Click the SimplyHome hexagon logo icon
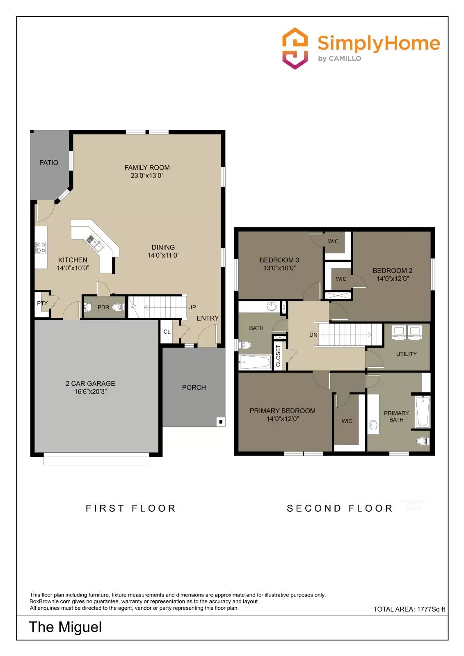click(295, 48)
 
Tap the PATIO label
click(48, 163)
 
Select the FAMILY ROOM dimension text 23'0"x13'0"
click(147, 175)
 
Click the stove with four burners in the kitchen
click(41, 247)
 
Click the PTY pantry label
click(42, 303)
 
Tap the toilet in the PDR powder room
click(119, 307)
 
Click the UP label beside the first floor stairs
click(192, 307)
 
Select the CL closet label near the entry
click(167, 332)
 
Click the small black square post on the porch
click(221, 421)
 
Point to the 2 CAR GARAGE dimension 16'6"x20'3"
click(90, 392)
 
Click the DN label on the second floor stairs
click(313, 335)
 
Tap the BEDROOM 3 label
click(279, 260)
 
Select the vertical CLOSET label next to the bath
click(278, 355)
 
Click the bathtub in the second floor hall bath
click(255, 362)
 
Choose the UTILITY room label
click(406, 354)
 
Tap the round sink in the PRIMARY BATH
click(373, 425)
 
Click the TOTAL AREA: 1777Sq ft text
click(409, 609)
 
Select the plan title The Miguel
click(65, 627)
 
